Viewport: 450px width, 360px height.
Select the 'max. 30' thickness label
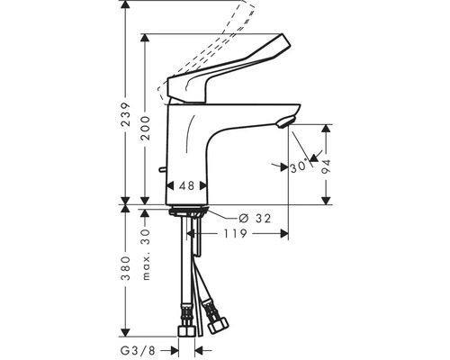[x=148, y=253]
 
